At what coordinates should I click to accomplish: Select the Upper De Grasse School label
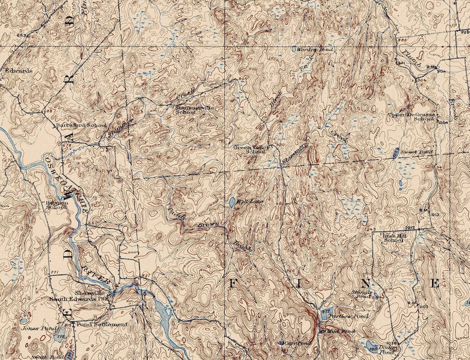pos(411,116)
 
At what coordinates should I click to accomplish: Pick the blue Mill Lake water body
pos(231,202)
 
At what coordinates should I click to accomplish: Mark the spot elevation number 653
pos(22,36)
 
